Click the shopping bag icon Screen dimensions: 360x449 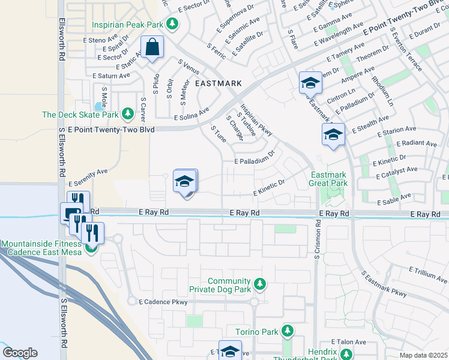tap(152, 47)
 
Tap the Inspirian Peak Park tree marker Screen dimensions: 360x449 tap(173, 24)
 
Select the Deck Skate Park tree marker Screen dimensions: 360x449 tap(127, 113)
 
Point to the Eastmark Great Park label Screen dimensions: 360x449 tap(328, 179)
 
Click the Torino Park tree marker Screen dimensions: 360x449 tap(288, 331)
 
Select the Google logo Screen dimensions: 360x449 tap(20, 352)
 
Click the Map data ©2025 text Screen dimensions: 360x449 tap(423, 355)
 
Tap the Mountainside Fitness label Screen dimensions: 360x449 tap(41, 244)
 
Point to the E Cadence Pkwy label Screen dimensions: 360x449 tap(163, 302)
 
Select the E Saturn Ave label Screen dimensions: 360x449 tap(111, 76)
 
